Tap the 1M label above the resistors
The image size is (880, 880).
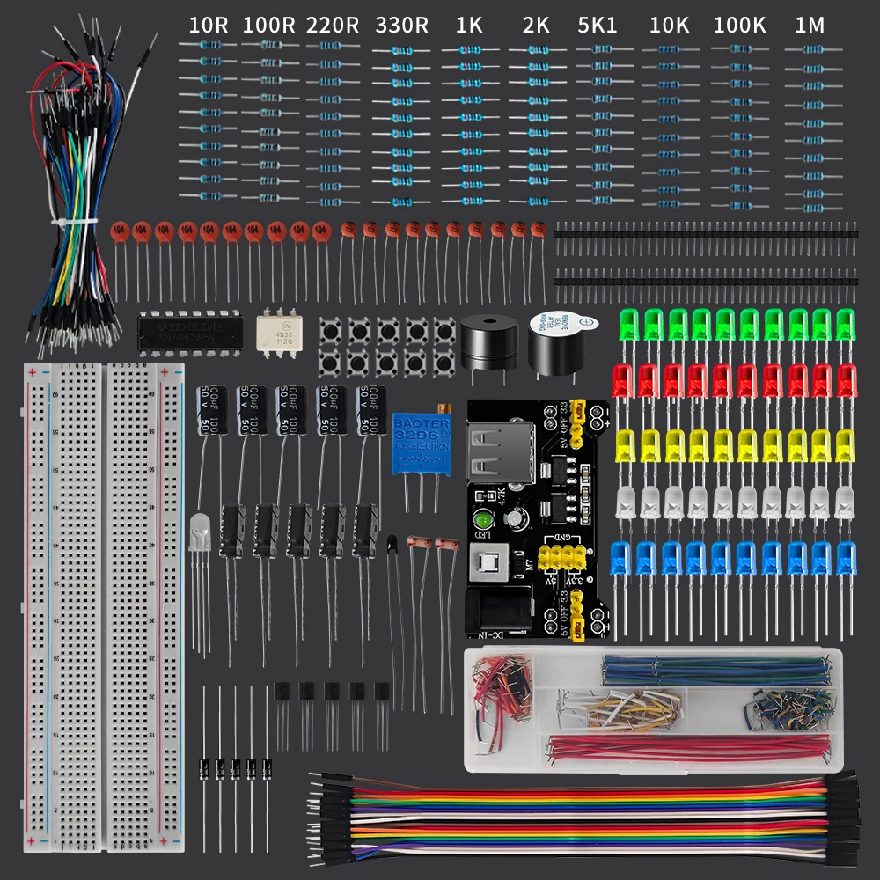pyautogui.click(x=810, y=26)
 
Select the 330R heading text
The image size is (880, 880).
pyautogui.click(x=401, y=26)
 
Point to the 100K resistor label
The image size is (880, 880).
pyautogui.click(x=739, y=26)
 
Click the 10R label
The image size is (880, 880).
pyautogui.click(x=209, y=26)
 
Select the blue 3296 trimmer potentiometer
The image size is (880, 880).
pyautogui.click(x=421, y=446)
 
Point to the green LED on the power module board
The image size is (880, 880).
pyautogui.click(x=483, y=518)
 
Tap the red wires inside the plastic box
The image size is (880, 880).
pyautogui.click(x=686, y=748)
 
